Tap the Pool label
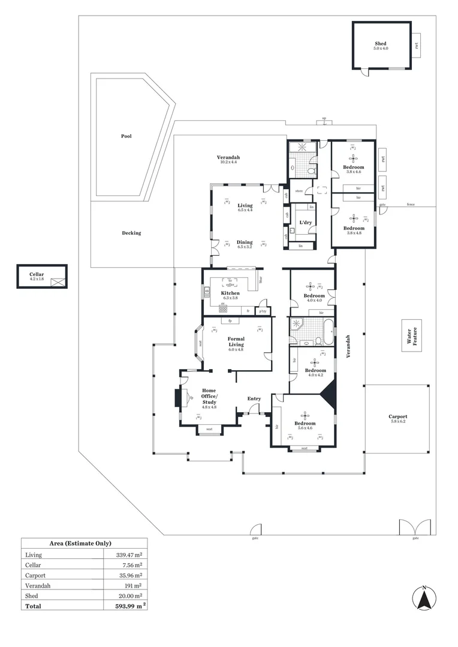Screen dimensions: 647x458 [126, 136]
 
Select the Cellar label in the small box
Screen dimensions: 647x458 [37, 276]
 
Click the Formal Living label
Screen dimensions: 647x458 [236, 342]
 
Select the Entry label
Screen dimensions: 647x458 [254, 398]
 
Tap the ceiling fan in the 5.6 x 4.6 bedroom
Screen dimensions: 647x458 [305, 415]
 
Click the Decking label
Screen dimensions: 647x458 [131, 233]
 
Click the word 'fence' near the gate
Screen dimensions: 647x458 [411, 204]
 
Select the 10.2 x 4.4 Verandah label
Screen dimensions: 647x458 [228, 159]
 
